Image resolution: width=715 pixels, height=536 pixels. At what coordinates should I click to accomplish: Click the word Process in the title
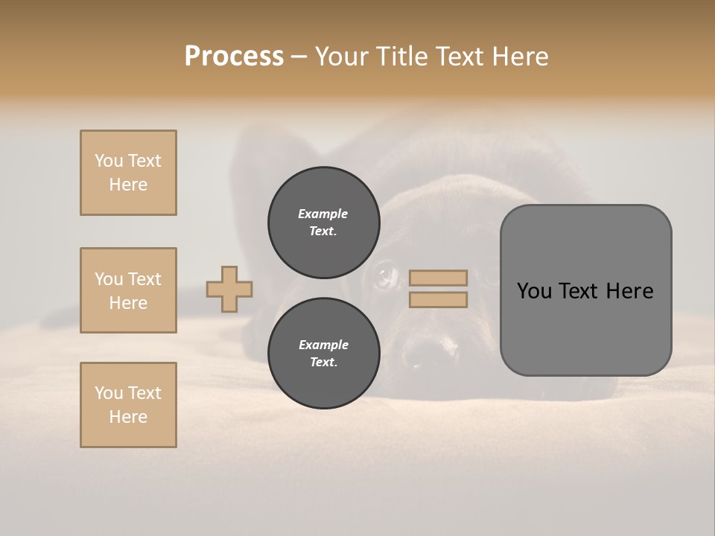234,57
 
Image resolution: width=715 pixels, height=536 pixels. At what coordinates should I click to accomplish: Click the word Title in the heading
401,57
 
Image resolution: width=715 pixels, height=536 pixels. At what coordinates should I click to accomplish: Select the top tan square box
128,173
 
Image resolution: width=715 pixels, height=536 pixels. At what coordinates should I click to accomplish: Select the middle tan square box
128,290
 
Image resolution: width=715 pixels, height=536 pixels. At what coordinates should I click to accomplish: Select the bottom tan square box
128,405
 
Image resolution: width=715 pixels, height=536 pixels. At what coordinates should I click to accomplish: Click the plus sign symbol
229,289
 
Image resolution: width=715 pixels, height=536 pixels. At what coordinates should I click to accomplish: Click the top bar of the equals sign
438,278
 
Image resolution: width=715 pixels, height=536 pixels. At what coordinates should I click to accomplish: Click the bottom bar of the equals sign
438,299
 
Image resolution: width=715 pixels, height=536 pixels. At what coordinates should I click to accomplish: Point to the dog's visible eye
386,276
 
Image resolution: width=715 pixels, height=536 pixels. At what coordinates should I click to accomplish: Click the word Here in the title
518,57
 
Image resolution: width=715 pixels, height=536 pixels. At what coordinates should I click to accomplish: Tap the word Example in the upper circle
323,214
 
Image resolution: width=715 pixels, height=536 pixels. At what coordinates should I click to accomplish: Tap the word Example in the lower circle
323,345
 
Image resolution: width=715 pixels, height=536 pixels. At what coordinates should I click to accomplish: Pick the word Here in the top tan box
128,185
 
